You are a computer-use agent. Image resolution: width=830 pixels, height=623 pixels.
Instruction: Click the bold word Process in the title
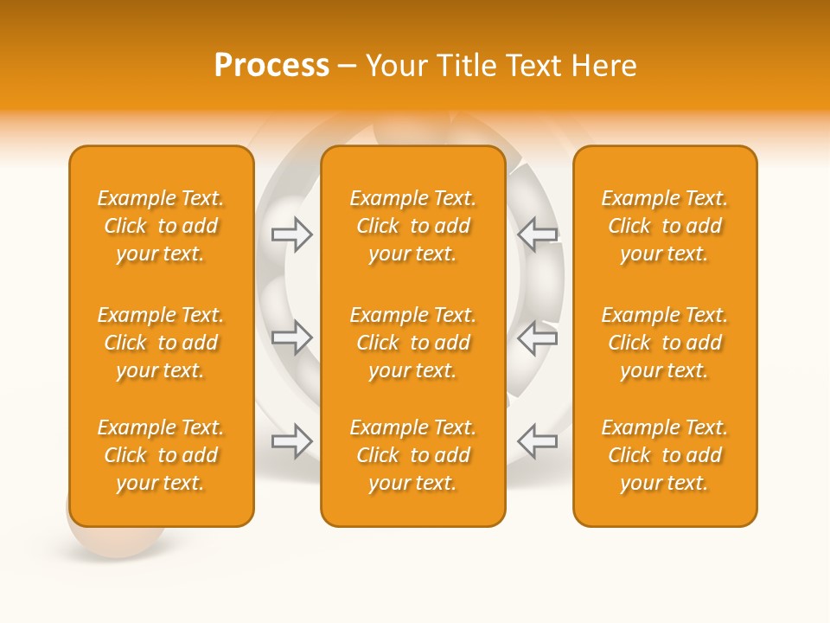[x=271, y=66]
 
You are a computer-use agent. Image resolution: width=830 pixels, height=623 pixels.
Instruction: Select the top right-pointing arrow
[x=292, y=234]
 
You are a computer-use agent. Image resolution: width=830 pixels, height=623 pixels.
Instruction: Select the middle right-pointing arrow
[x=292, y=337]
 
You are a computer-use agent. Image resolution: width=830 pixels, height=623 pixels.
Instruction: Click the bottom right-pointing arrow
[x=292, y=441]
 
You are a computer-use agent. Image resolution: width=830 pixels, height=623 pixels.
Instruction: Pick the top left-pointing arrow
[x=537, y=234]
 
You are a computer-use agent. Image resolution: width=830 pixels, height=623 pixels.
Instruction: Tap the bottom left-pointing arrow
[x=537, y=441]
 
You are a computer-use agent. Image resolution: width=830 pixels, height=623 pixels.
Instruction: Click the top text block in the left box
[x=161, y=226]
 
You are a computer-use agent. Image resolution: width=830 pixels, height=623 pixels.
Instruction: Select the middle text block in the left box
[x=161, y=343]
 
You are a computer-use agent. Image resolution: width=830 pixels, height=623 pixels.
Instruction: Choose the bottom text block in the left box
[x=161, y=455]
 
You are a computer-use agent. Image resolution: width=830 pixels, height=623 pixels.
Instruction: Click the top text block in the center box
[x=412, y=226]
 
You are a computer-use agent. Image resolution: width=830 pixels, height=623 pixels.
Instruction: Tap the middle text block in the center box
[x=412, y=343]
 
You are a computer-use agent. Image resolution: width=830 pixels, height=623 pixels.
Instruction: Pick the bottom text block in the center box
[x=412, y=455]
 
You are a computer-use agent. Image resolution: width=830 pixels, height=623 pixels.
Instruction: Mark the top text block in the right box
[x=665, y=226]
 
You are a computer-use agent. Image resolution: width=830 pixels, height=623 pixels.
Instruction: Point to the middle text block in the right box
[x=665, y=343]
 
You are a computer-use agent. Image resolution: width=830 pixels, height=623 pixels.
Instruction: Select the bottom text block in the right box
[x=665, y=455]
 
